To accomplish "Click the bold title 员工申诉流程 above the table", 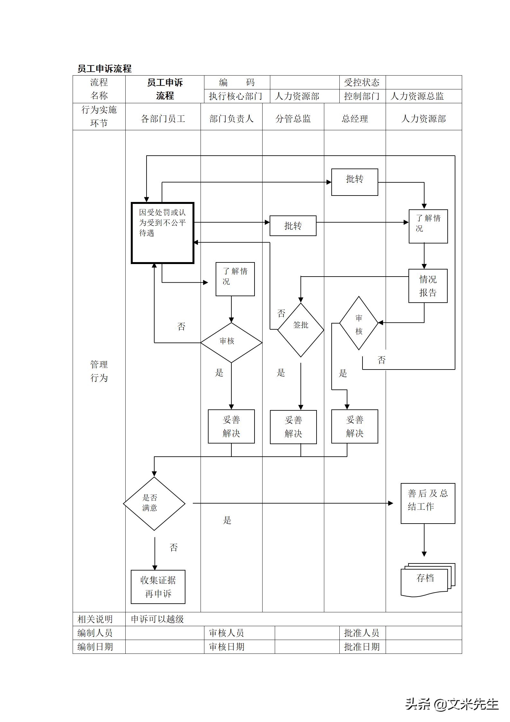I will [x=104, y=69].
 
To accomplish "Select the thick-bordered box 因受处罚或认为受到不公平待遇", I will [x=163, y=233].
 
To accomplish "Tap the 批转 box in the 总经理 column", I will [x=354, y=182].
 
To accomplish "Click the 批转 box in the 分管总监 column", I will [x=293, y=226].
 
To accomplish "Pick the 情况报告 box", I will [x=428, y=286].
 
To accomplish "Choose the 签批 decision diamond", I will [x=300, y=330].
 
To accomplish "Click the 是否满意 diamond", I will [x=154, y=503].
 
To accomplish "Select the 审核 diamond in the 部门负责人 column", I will [x=231, y=343].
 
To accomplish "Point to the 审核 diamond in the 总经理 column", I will [x=359, y=323].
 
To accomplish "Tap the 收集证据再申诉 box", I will [x=158, y=587].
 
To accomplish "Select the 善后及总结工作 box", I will [x=428, y=503].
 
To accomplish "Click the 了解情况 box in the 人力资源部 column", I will [x=428, y=226].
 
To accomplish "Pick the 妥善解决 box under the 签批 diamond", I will [x=293, y=427].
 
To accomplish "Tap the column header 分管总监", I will [x=293, y=119].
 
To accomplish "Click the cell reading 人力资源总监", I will [x=417, y=96].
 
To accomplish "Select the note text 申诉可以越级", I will [x=157, y=619].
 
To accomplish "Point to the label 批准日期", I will [x=362, y=647].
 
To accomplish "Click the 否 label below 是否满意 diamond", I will [x=174, y=548].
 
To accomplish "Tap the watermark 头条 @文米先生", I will [x=452, y=704].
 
